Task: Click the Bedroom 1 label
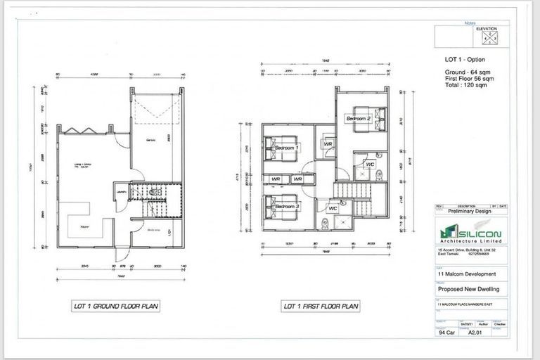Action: (286, 148)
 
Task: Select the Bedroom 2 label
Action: (358, 119)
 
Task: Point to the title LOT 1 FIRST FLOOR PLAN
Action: (321, 306)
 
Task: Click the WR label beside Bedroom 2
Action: (328, 143)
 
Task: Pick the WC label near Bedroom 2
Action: (370, 165)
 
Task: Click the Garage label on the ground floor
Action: (150, 141)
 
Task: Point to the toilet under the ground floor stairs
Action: (157, 191)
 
